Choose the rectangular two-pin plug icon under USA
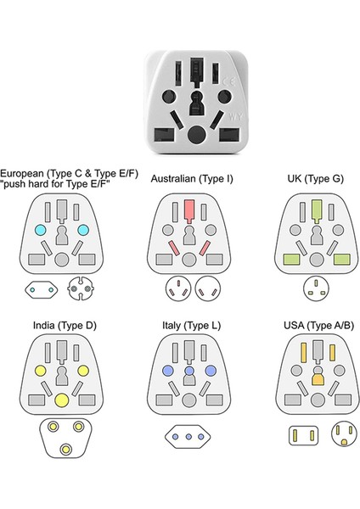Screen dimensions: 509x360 pos(298,436)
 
